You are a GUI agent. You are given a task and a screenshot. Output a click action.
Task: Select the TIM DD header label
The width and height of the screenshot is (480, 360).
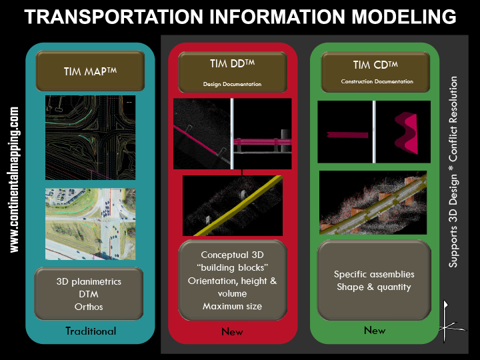pyautogui.click(x=231, y=64)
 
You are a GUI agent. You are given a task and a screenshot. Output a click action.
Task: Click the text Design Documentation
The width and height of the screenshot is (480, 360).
pyautogui.click(x=231, y=85)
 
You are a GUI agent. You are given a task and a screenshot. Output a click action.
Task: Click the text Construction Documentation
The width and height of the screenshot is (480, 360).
pyautogui.click(x=377, y=81)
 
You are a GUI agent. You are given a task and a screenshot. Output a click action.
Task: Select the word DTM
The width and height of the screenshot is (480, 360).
pyautogui.click(x=89, y=293)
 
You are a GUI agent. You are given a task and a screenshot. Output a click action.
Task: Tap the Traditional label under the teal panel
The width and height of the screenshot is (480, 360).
pyautogui.click(x=91, y=331)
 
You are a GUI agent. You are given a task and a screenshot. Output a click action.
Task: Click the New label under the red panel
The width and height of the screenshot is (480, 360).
pyautogui.click(x=232, y=331)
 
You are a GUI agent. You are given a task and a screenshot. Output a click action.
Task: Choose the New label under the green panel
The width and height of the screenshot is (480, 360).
pyautogui.click(x=375, y=330)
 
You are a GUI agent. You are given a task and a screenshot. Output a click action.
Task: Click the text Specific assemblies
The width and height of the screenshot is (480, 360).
pyautogui.click(x=374, y=274)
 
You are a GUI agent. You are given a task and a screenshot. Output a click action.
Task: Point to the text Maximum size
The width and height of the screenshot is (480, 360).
pyautogui.click(x=232, y=306)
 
